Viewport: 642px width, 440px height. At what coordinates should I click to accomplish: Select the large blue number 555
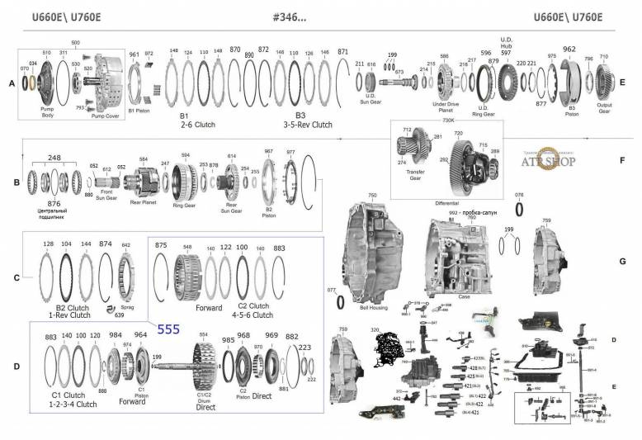coord(168,329)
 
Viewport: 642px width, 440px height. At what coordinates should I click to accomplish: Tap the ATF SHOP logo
coord(552,161)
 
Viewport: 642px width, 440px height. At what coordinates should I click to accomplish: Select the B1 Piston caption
coord(139,108)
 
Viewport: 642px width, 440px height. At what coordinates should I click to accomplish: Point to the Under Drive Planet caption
coord(446,108)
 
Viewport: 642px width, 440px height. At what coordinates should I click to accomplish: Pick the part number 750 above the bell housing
coord(372,195)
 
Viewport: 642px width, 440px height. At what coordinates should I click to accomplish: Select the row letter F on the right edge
coord(622,158)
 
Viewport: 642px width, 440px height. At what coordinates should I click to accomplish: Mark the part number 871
coord(342,51)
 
